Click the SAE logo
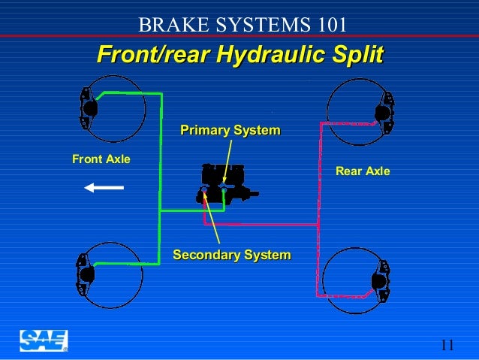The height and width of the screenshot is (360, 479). [x=44, y=340]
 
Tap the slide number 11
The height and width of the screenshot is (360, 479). [x=447, y=345]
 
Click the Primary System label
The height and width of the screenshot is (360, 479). [x=230, y=131]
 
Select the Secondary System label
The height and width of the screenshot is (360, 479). [x=232, y=256]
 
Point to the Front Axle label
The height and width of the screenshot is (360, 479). [x=101, y=159]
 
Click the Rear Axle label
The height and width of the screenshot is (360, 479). [x=363, y=171]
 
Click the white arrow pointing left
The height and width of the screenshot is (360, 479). [x=104, y=188]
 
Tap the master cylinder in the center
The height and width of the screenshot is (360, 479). [x=223, y=185]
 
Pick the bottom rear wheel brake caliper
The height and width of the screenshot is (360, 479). [x=382, y=280]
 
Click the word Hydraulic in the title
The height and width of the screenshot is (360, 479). [x=270, y=55]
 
